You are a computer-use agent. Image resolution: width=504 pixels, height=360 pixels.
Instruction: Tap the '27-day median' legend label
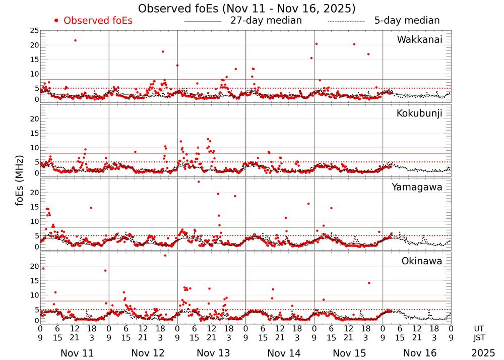click(x=266, y=21)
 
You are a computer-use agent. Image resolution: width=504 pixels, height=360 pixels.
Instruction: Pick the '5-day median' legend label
click(x=407, y=21)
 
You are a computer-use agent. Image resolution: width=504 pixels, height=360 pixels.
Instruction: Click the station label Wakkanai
click(x=419, y=40)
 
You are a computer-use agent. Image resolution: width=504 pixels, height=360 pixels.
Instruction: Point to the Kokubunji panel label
click(x=419, y=113)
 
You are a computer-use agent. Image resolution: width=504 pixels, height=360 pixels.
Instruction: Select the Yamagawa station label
click(x=417, y=187)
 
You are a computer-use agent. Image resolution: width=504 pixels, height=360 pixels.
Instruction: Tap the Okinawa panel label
click(x=421, y=261)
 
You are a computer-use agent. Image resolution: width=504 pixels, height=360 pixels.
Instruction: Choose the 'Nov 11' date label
click(x=77, y=353)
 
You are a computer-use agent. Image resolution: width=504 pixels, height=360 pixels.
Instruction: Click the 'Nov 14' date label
click(x=284, y=353)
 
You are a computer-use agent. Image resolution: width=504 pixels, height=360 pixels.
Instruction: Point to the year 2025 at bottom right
click(x=483, y=353)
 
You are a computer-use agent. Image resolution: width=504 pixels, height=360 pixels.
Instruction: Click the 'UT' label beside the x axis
click(x=479, y=328)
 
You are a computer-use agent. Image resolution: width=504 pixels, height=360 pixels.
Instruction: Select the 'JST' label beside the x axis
click(x=479, y=337)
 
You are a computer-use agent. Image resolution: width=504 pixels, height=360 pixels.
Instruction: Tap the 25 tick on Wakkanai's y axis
click(x=34, y=31)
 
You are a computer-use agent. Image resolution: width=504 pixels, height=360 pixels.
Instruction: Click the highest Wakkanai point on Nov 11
click(x=75, y=40)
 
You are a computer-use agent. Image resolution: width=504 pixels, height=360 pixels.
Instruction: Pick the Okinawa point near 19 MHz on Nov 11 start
click(x=43, y=269)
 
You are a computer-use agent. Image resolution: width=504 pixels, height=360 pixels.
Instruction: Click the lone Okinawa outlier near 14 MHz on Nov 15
click(x=369, y=283)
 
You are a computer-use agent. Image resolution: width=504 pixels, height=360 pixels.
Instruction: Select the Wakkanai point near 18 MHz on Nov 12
click(x=163, y=51)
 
